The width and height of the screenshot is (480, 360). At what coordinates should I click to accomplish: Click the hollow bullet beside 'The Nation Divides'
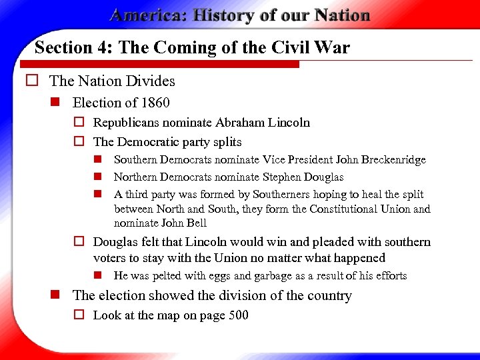click(x=31, y=81)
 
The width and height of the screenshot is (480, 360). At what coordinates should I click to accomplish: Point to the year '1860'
click(x=155, y=103)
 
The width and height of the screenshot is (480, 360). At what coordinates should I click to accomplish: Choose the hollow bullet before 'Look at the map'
click(x=79, y=315)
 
